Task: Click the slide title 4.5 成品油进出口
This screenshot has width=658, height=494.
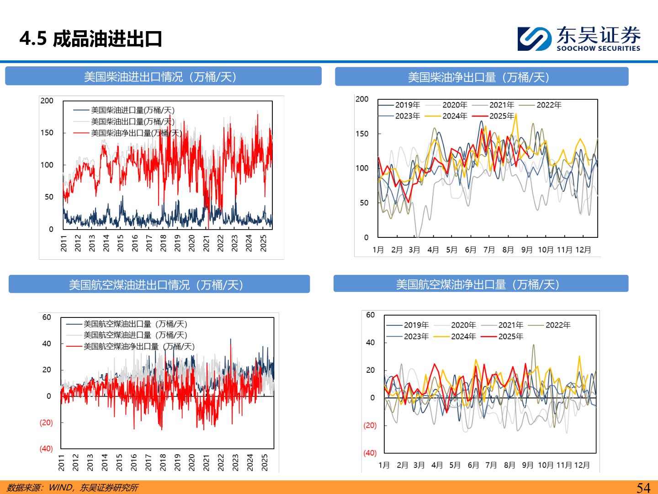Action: (x=90, y=39)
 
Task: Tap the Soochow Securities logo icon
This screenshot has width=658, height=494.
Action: (x=534, y=39)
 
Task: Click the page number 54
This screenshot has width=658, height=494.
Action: (x=643, y=488)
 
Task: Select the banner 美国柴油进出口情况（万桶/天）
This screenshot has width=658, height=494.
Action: (x=163, y=76)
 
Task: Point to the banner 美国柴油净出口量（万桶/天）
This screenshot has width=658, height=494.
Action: (x=482, y=77)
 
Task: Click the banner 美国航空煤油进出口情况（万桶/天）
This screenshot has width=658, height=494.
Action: (x=159, y=285)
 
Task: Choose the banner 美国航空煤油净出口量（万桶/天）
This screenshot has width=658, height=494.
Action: (x=481, y=284)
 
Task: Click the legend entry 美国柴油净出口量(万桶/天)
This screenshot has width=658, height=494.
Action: (x=136, y=133)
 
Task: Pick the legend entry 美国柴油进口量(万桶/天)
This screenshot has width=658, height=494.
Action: (x=132, y=110)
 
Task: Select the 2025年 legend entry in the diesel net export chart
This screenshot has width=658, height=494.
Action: (x=501, y=116)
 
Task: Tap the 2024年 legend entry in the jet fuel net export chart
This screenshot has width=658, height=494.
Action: (x=463, y=337)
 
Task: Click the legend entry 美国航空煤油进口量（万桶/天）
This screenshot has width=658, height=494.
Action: (x=135, y=335)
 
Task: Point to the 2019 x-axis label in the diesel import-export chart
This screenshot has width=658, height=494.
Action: (x=177, y=243)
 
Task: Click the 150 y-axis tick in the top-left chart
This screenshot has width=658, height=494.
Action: (x=47, y=133)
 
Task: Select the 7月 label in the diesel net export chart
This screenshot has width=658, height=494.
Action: (x=489, y=250)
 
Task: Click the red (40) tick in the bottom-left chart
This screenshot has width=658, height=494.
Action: (x=46, y=449)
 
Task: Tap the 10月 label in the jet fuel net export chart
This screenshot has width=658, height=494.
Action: (x=546, y=465)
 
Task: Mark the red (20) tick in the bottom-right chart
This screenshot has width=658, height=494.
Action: (x=370, y=425)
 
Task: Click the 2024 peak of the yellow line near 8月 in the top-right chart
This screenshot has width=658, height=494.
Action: (x=516, y=115)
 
